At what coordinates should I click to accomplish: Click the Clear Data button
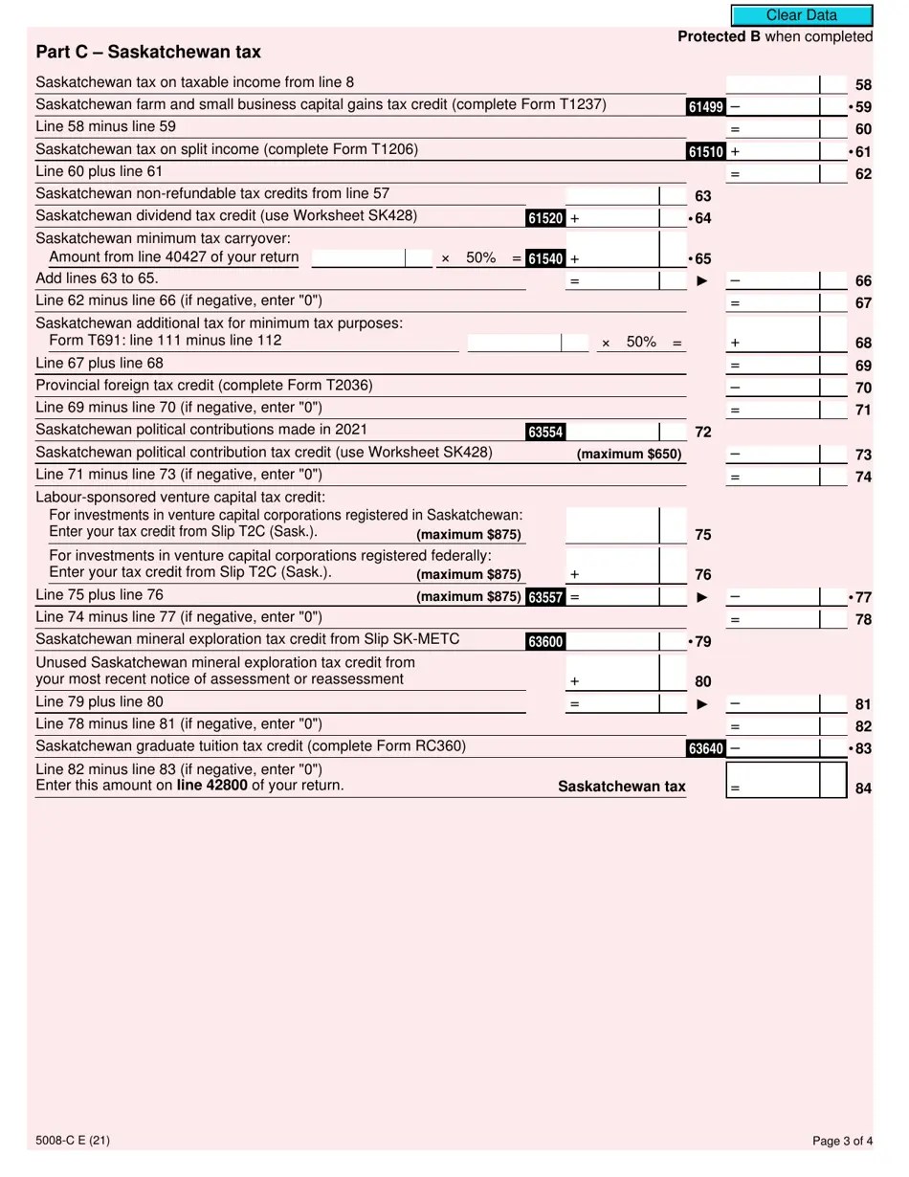(x=801, y=15)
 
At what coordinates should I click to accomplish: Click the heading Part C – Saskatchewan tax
(x=147, y=52)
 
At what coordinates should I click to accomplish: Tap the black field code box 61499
(x=705, y=107)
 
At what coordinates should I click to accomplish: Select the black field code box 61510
(x=705, y=152)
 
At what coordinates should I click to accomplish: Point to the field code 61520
(x=544, y=218)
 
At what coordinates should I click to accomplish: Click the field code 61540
(x=544, y=258)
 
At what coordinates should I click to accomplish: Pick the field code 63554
(x=544, y=433)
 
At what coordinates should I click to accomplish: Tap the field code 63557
(x=544, y=598)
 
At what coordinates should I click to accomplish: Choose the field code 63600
(x=544, y=642)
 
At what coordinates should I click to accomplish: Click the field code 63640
(x=705, y=748)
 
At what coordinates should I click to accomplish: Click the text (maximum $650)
(x=629, y=455)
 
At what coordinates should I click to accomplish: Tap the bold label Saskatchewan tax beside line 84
(x=621, y=787)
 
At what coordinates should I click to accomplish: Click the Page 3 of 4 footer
(x=842, y=1141)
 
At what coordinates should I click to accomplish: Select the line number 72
(x=702, y=433)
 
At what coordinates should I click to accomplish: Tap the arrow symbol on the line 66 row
(x=702, y=281)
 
